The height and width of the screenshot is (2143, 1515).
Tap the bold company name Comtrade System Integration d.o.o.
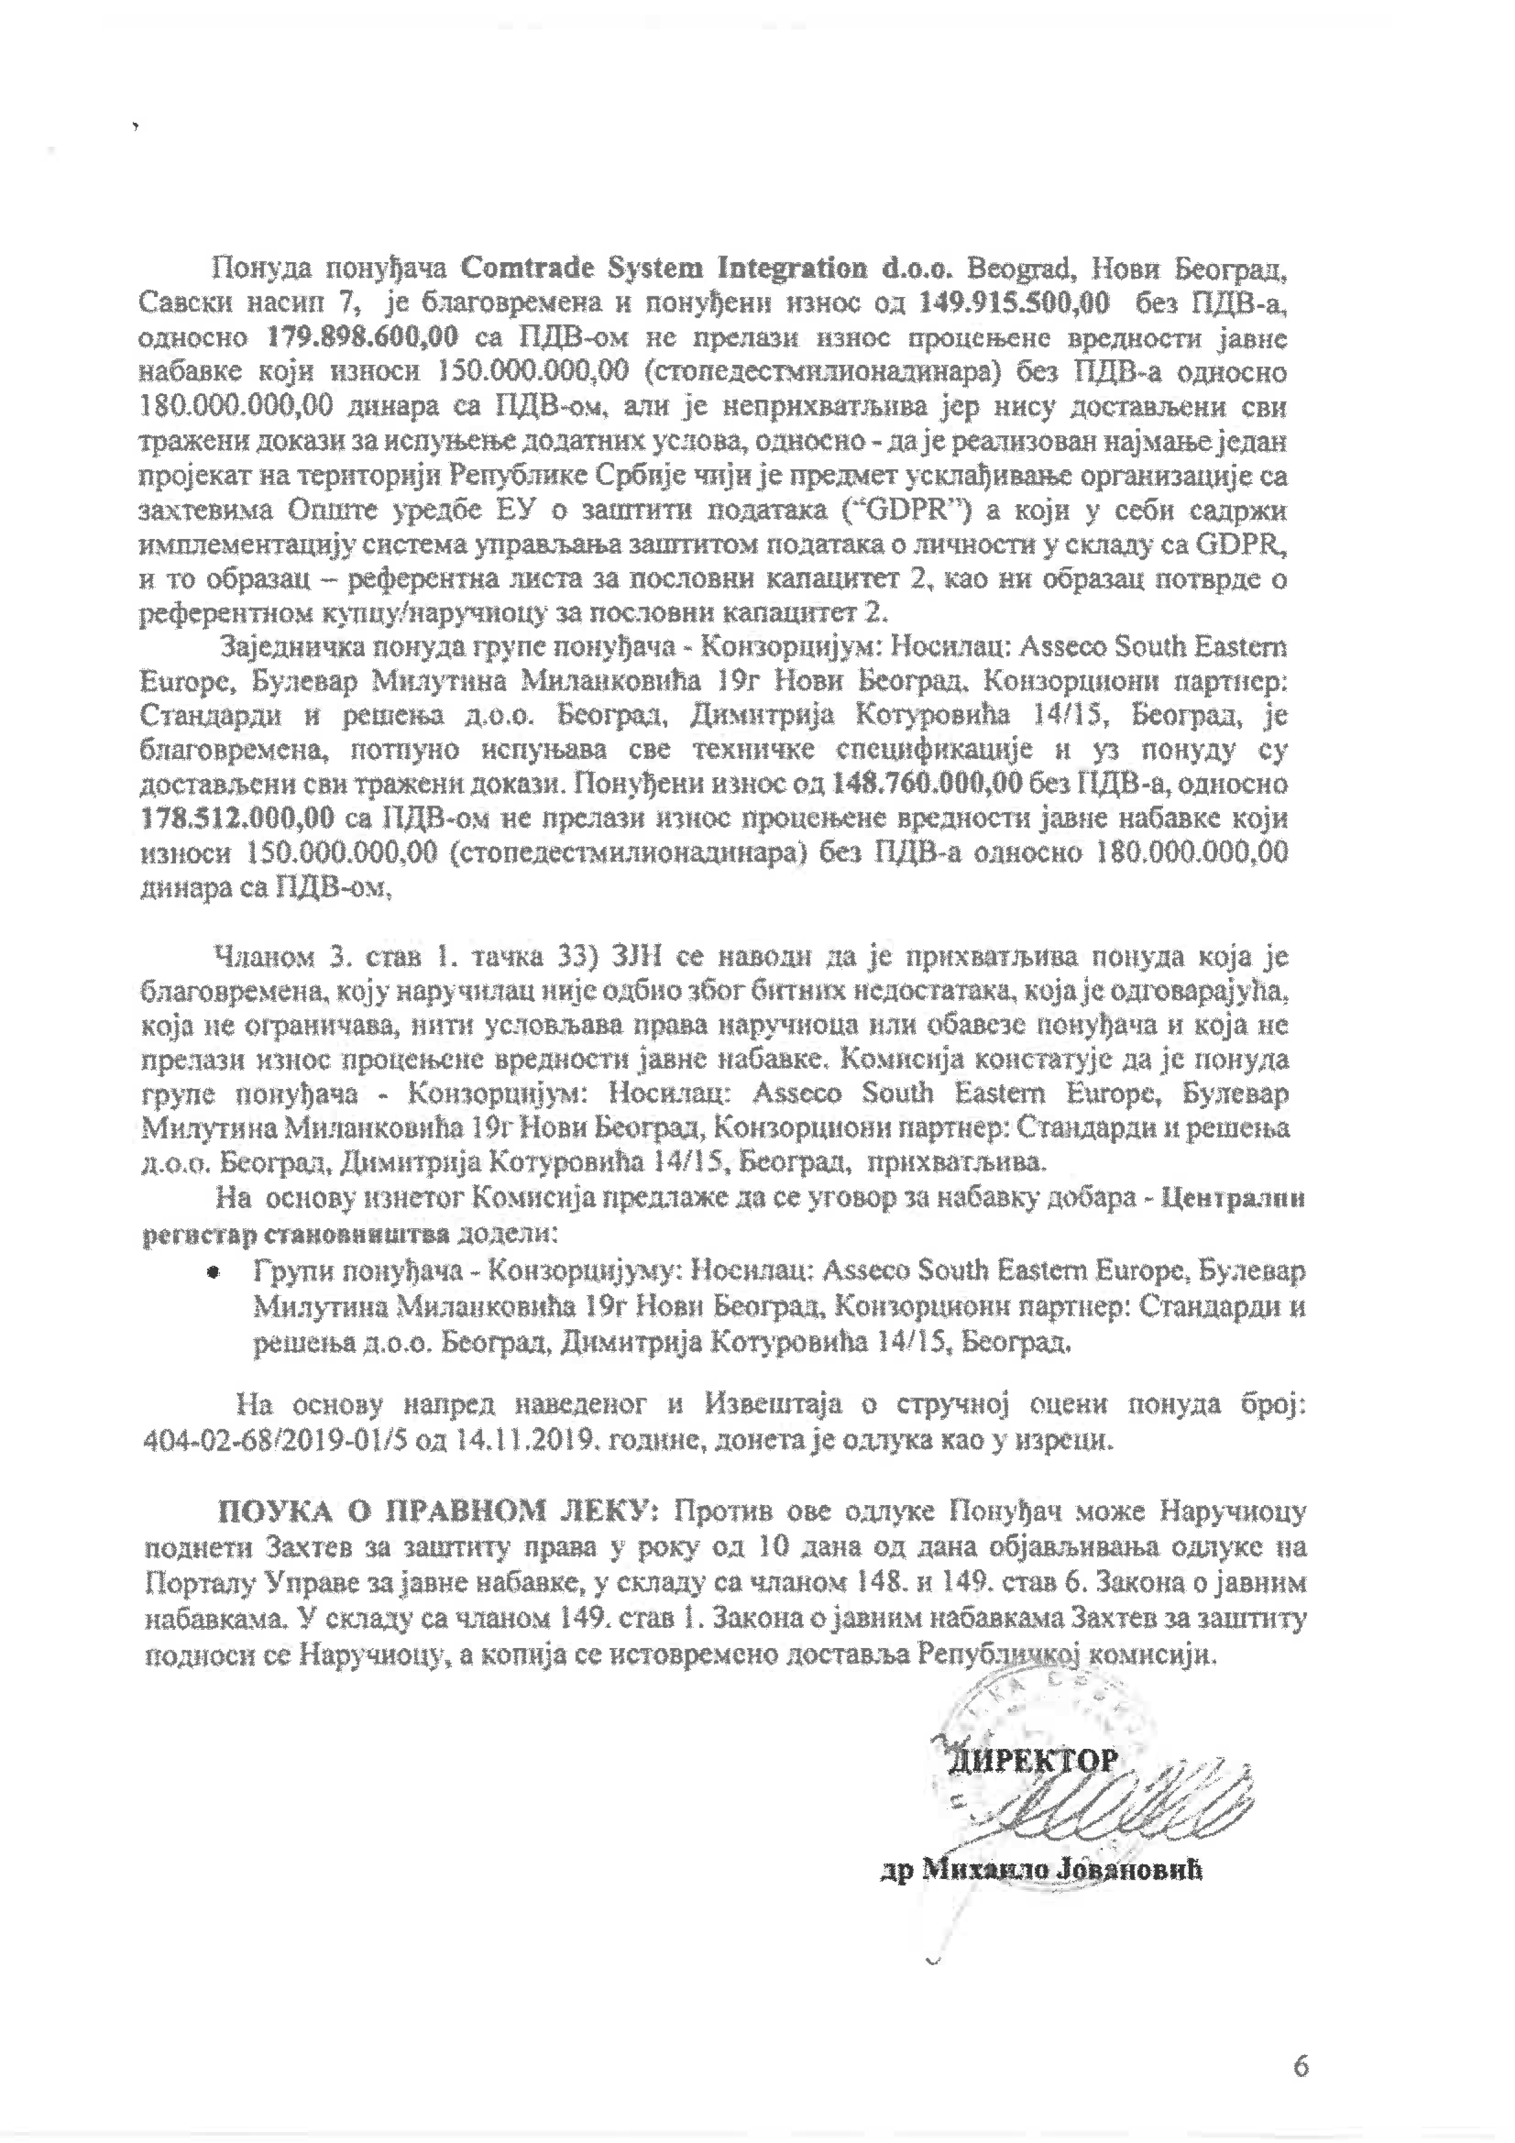pyautogui.click(x=705, y=269)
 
